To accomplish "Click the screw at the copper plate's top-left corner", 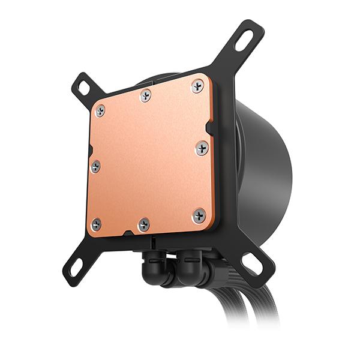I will (x=100, y=110).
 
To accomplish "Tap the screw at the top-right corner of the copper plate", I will (x=197, y=86).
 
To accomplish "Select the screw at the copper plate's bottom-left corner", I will (x=96, y=224).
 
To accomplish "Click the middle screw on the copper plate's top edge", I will (x=146, y=95).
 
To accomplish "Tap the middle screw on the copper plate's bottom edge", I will (x=144, y=224).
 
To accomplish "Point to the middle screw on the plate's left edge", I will (x=95, y=166).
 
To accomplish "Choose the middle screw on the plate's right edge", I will (x=202, y=148).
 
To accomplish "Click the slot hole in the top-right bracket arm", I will (x=244, y=40).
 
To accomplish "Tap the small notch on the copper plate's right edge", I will (x=208, y=127).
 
